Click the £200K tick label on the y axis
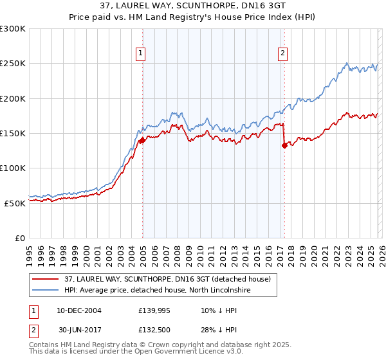12,99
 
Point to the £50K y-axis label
14,203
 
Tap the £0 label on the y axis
19,238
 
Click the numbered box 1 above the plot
140,54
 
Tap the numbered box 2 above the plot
282,54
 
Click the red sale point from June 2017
284,145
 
